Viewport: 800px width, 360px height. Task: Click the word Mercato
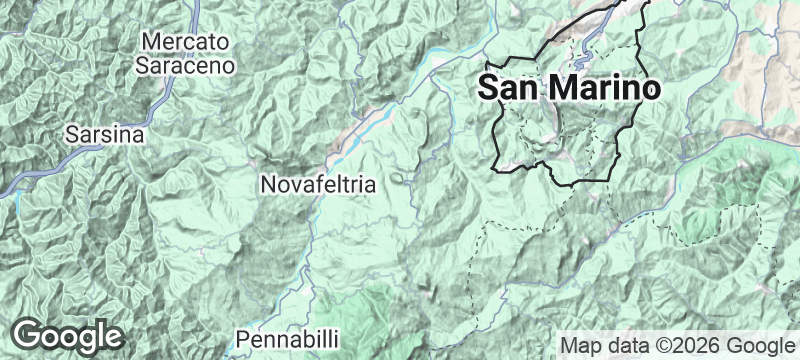[187, 41]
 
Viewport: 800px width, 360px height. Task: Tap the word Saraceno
[187, 64]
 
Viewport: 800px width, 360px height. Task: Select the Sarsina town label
[105, 133]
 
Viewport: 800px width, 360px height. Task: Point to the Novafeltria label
[317, 185]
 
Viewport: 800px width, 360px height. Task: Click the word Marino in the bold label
[603, 87]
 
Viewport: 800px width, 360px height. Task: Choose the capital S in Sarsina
[72, 133]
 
